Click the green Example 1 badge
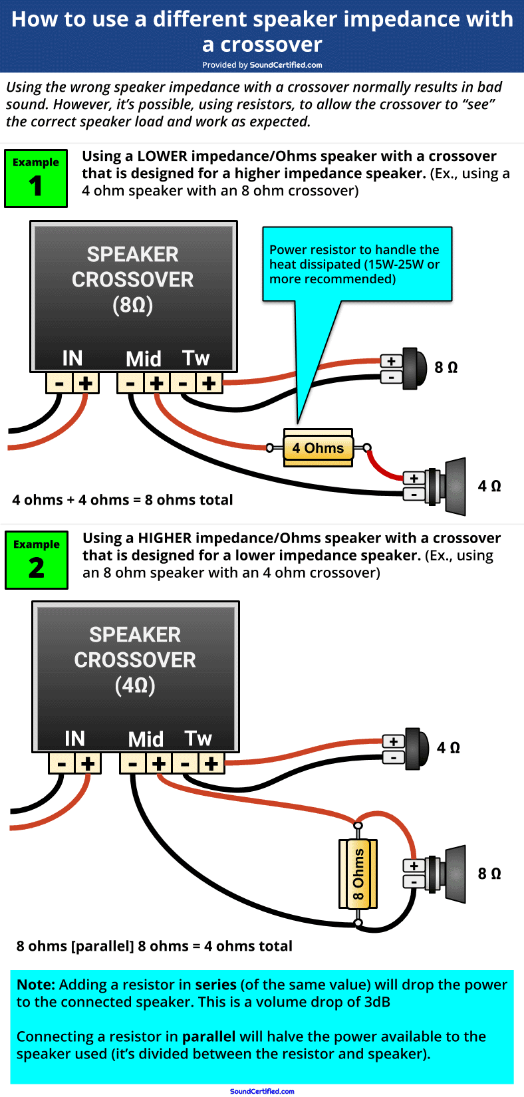[36, 178]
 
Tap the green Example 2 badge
[37, 560]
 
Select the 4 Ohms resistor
[318, 448]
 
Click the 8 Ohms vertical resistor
[358, 874]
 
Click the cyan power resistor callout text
[354, 264]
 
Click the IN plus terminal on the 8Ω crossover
[86, 383]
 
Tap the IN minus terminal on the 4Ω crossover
[62, 763]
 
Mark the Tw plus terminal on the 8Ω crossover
[209, 383]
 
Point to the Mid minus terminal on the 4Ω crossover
[133, 763]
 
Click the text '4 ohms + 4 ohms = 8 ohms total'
[122, 500]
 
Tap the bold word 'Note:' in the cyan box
[36, 985]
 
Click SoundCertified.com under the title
[286, 65]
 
